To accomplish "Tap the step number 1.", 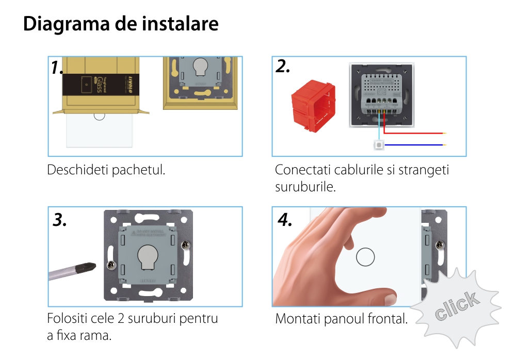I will click(x=57, y=68).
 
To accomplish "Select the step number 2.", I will click(x=282, y=67).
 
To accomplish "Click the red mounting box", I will click(x=311, y=106).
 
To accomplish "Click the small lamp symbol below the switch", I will click(x=379, y=145).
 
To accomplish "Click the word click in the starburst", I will click(x=456, y=306).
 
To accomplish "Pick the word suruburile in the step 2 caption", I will click(x=305, y=186).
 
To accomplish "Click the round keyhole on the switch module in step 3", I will click(x=147, y=255).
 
